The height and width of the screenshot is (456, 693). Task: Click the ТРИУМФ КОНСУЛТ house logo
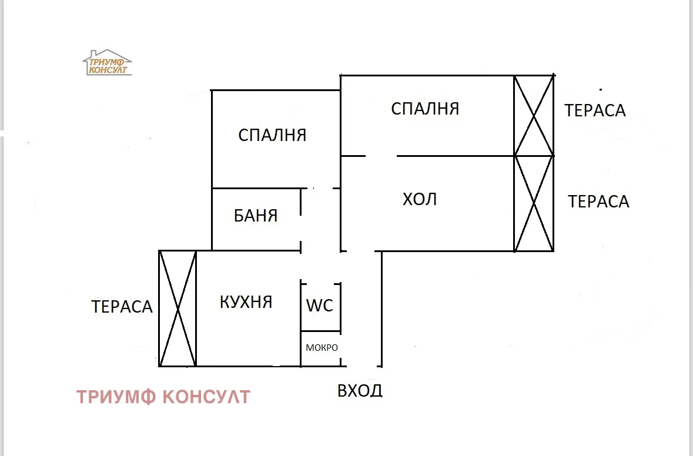click(107, 62)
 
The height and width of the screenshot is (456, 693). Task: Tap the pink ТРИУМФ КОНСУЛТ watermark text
click(163, 397)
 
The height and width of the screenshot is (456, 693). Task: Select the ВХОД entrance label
click(360, 390)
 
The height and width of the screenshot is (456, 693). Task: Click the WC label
click(320, 306)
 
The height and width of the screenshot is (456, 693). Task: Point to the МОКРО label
click(322, 347)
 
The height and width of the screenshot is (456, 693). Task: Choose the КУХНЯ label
click(246, 302)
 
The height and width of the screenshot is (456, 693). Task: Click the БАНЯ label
click(256, 216)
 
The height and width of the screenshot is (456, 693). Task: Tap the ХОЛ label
click(420, 200)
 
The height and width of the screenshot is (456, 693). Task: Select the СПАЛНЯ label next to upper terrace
click(425, 109)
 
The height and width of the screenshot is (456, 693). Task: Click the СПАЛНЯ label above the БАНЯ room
click(272, 136)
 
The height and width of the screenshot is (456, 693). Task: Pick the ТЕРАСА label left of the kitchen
click(122, 307)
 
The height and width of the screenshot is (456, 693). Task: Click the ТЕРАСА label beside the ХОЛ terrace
click(598, 202)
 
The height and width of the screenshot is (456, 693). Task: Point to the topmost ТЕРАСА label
click(595, 110)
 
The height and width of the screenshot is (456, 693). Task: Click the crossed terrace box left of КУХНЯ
click(178, 309)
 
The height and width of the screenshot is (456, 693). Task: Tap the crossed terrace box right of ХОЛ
click(534, 204)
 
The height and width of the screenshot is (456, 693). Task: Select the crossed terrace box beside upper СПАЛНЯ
click(534, 116)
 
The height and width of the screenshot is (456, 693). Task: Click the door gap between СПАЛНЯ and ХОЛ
click(381, 156)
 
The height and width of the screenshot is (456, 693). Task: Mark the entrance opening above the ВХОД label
click(361, 366)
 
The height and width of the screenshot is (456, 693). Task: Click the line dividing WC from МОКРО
click(321, 331)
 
